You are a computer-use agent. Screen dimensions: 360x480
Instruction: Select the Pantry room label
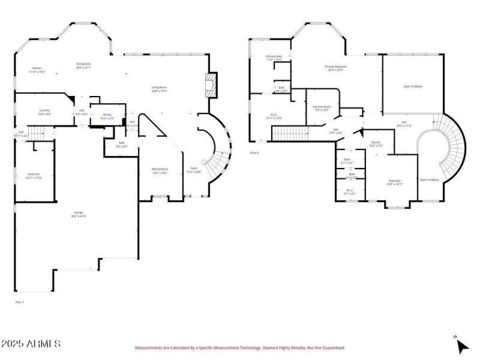coord(107,115)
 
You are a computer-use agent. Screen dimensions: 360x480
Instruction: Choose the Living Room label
coord(159,89)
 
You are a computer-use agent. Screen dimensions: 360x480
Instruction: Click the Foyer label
coord(194,169)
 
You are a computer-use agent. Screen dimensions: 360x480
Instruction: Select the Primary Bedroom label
coord(336,68)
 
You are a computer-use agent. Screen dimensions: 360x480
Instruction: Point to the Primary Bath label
coord(274,58)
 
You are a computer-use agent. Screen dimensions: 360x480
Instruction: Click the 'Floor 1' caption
coord(19,302)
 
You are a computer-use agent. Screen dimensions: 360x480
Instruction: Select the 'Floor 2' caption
coord(254,153)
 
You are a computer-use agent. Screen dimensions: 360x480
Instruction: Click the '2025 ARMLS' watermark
coord(31,344)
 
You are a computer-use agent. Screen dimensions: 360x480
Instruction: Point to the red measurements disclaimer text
coord(239,347)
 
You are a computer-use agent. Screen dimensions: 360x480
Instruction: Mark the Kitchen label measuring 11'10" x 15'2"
coord(37,70)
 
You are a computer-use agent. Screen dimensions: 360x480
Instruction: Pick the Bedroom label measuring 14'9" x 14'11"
coord(394,182)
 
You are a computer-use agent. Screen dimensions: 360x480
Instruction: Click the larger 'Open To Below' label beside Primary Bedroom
coord(413,86)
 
